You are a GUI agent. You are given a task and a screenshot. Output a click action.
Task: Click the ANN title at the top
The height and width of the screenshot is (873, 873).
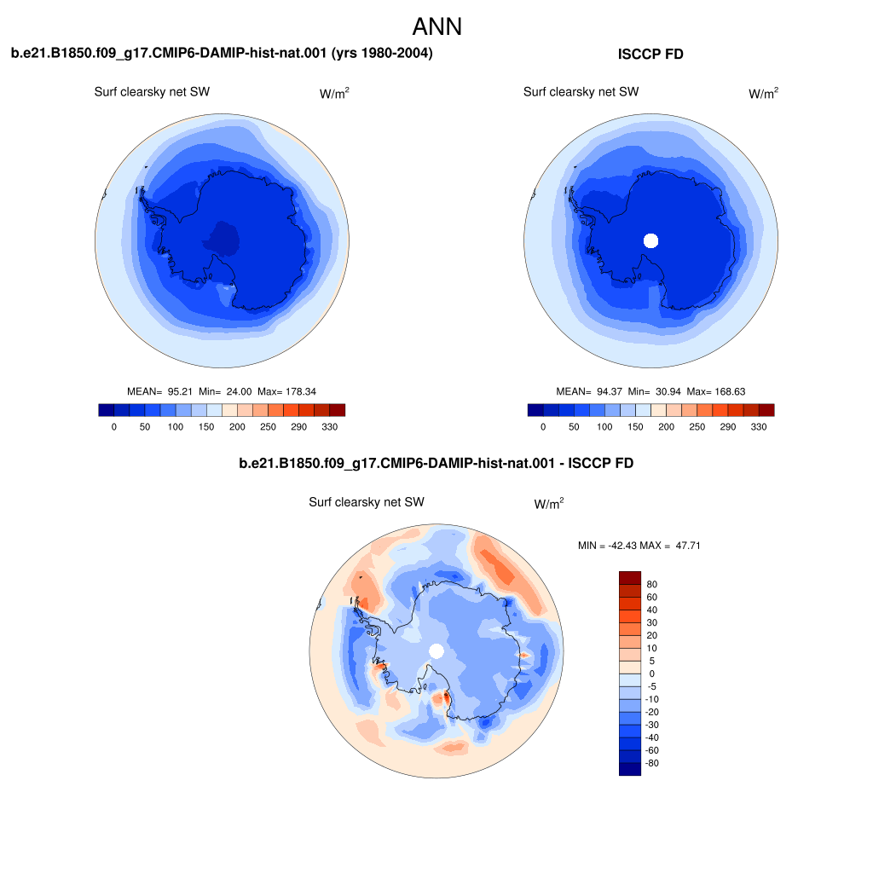437,26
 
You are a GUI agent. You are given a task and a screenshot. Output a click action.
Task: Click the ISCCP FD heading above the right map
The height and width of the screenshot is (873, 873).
650,54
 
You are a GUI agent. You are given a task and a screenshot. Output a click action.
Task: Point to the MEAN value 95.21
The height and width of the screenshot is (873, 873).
180,391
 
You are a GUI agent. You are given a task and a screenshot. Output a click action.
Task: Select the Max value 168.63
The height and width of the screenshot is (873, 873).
730,391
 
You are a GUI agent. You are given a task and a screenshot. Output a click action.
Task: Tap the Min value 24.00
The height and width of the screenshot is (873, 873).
239,391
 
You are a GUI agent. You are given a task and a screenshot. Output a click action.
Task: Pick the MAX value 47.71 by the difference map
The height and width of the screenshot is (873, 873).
688,546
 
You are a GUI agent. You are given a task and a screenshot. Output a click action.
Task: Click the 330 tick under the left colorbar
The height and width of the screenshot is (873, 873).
330,427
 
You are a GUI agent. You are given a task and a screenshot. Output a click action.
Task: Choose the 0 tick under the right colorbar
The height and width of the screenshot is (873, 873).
543,427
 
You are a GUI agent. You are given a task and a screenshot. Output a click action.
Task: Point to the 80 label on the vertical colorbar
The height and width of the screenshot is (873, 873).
652,584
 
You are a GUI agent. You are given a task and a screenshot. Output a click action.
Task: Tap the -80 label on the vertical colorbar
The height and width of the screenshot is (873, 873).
651,763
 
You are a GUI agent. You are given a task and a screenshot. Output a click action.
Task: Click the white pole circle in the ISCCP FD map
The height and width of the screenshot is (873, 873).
650,240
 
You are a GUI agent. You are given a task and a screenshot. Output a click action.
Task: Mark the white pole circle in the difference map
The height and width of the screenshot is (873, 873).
436,650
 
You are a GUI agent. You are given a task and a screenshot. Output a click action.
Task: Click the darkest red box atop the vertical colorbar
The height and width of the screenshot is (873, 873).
630,578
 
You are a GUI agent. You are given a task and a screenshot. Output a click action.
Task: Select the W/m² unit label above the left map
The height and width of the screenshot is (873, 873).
334,93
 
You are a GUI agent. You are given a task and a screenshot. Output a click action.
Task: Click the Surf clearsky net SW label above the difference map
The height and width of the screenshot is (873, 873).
367,502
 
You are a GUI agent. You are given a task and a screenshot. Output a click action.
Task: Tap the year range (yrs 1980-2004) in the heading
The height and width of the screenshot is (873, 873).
382,54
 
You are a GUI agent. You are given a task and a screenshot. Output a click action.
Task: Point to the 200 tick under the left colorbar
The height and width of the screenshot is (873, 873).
237,427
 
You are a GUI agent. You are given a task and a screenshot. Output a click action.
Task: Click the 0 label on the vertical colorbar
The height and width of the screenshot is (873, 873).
652,674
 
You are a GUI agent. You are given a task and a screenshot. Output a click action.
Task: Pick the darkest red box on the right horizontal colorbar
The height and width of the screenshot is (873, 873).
766,410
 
